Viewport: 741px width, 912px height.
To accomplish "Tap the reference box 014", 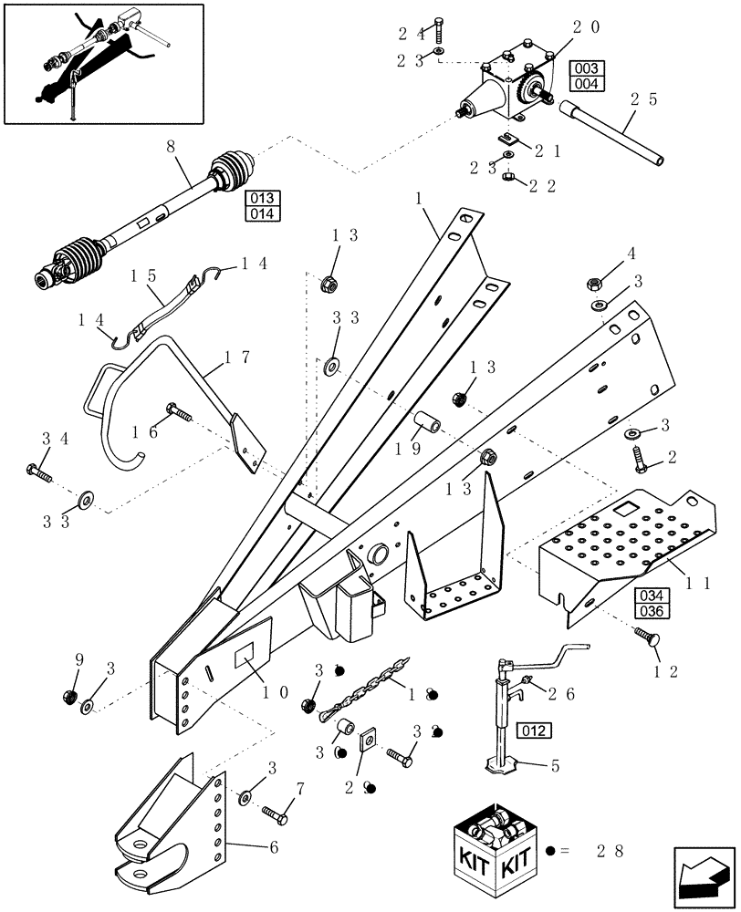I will click(263, 214).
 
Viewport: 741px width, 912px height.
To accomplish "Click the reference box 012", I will click(536, 730).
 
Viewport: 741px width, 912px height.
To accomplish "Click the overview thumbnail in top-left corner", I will click(103, 63).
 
